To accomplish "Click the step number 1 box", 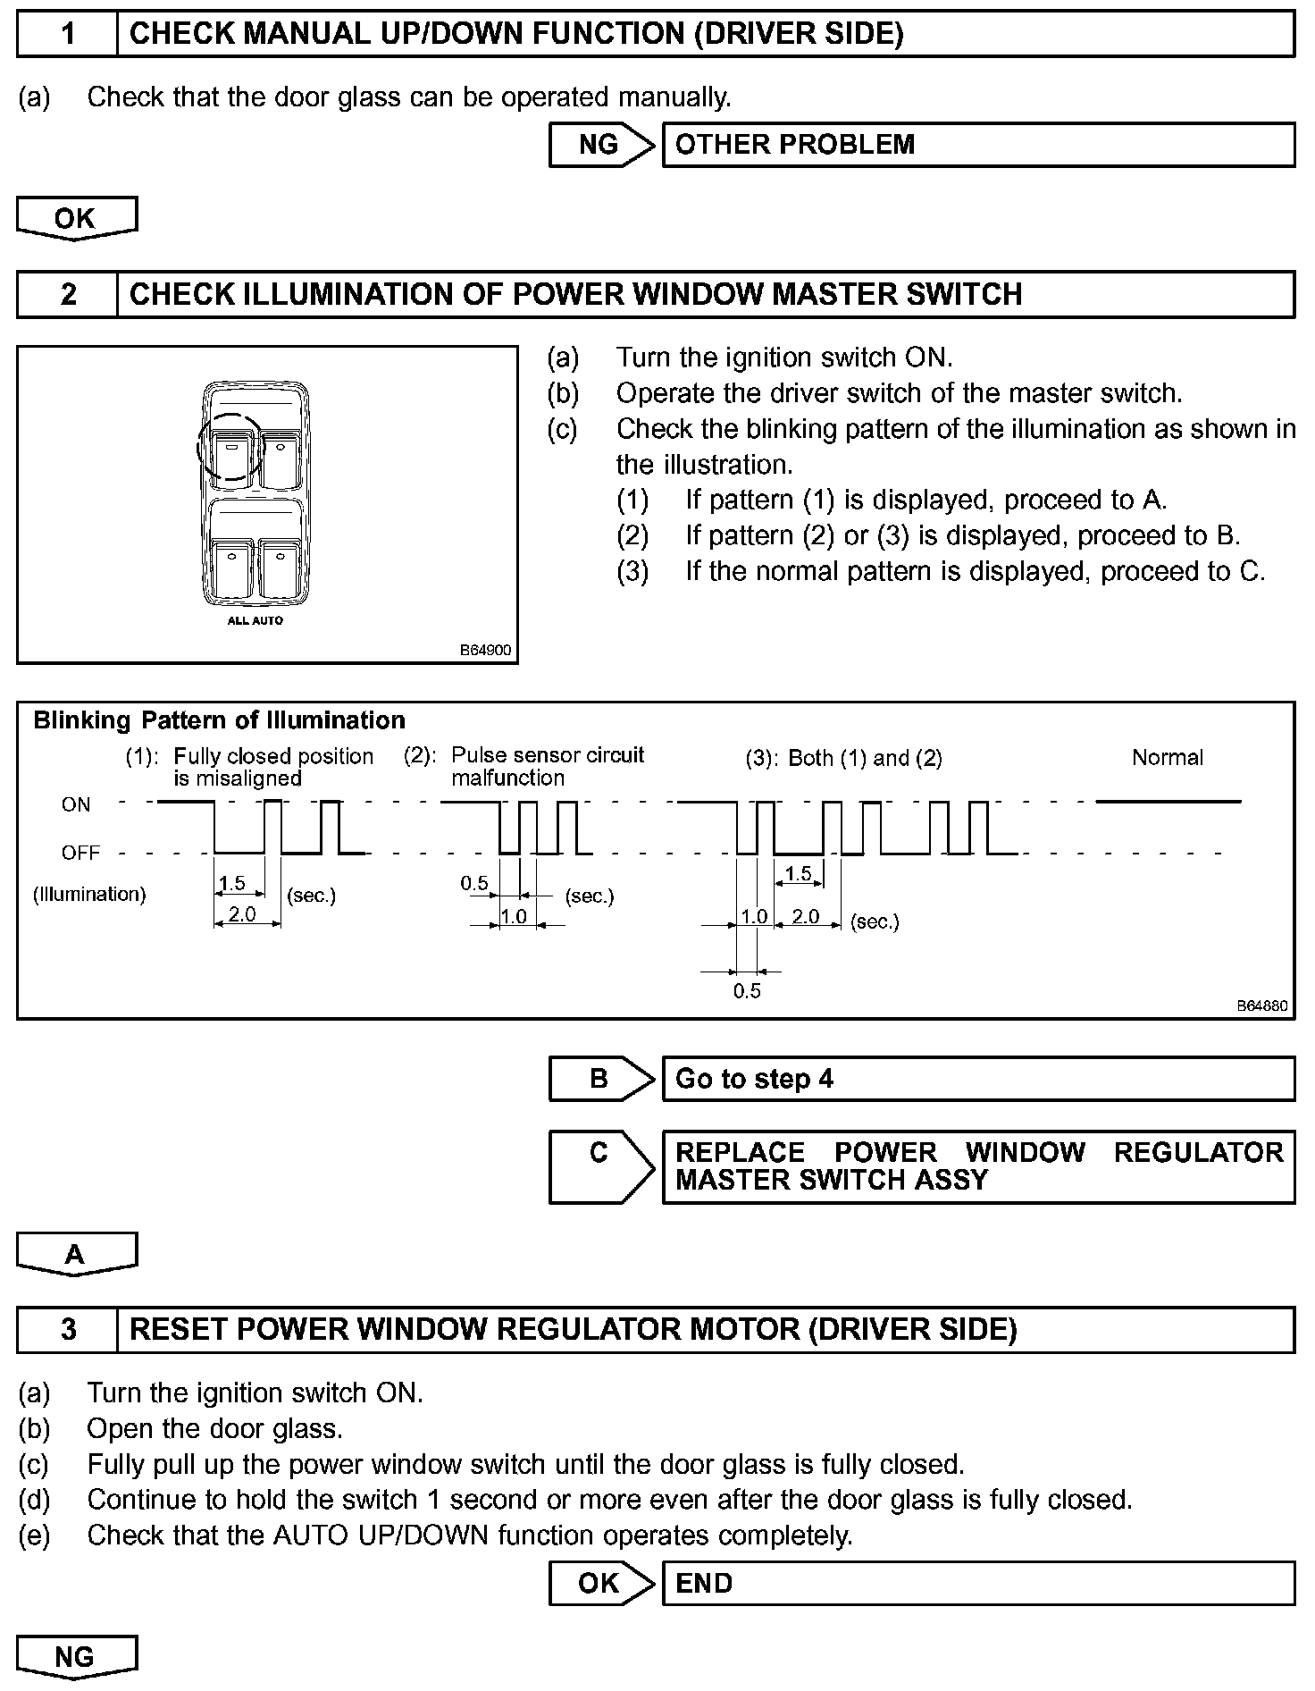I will point(68,34).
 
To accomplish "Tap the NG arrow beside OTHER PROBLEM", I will point(600,145).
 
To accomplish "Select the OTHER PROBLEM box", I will point(977,145).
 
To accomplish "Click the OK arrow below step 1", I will point(76,218).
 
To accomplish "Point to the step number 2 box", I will point(68,294).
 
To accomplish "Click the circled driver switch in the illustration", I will point(230,447).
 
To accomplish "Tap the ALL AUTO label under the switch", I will point(255,620).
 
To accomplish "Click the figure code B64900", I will point(485,650).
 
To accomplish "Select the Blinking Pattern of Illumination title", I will point(219,720).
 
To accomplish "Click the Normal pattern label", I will point(1167,758).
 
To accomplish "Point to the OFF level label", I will point(80,853).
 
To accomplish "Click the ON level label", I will point(76,804).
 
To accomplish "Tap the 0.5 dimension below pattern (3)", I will point(747,990).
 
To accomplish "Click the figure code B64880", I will point(1261,1005).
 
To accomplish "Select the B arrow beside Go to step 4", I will point(600,1079).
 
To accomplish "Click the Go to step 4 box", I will point(977,1079).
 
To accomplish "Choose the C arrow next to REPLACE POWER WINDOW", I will point(600,1165).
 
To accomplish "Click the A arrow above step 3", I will point(76,1253).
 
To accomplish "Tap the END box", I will point(977,1583).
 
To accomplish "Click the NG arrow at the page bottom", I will point(76,1657).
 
